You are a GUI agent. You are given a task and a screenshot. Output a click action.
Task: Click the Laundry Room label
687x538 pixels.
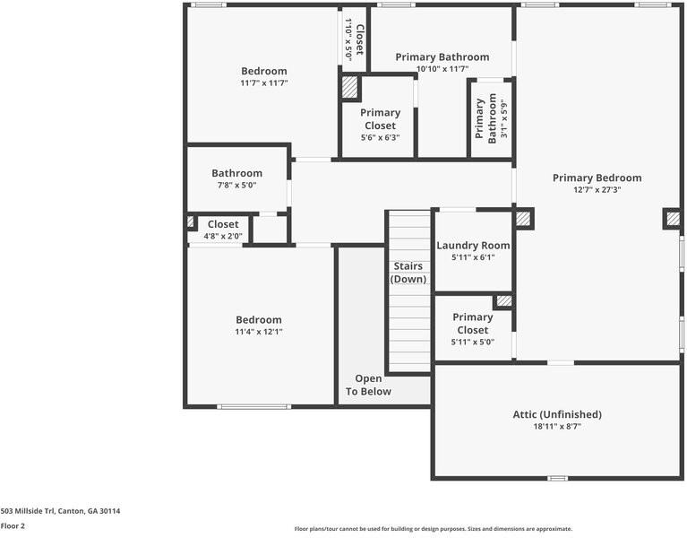coord(473,245)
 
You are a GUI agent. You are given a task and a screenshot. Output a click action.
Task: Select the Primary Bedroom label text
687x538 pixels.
coord(597,178)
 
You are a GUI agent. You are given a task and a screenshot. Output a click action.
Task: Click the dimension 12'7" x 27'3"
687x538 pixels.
coord(597,190)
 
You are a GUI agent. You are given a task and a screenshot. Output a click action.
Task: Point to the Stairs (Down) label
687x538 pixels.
coord(408,273)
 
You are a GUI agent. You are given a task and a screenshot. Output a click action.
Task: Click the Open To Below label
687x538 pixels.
coord(368,385)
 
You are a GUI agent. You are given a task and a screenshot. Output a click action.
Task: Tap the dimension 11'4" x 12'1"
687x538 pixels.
coord(259,332)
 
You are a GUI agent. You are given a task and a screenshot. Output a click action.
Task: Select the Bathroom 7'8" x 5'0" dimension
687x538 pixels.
coord(237,186)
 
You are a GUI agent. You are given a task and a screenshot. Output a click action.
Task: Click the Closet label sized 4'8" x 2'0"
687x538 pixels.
coord(223,224)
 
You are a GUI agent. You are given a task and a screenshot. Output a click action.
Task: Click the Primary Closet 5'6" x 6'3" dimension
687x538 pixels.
coord(380,138)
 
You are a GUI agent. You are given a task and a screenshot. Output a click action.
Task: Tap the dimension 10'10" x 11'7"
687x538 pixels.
coord(442,69)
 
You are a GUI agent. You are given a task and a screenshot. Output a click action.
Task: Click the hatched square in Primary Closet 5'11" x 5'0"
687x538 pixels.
coord(504,301)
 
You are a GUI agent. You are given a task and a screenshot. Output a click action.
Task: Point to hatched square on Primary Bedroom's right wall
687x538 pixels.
coord(672,218)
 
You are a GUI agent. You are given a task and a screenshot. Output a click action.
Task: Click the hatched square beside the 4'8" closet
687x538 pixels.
coord(190,221)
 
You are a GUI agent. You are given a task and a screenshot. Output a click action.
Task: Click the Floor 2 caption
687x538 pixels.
coord(13,526)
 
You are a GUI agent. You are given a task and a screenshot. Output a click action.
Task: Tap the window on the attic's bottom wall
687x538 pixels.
coord(557,478)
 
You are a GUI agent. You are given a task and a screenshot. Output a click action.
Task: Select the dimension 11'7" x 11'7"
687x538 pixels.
coord(263,83)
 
